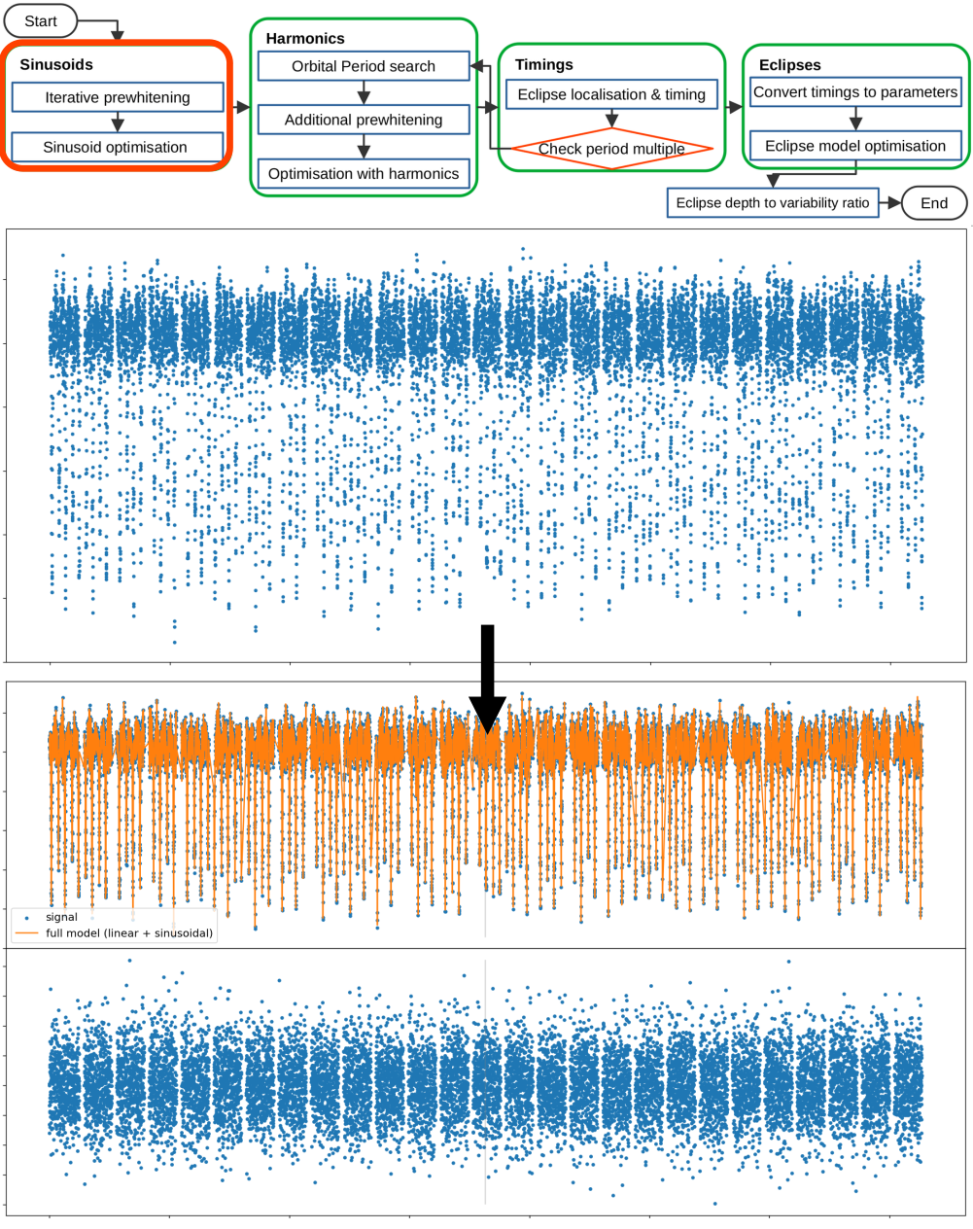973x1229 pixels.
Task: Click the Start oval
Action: click(x=40, y=21)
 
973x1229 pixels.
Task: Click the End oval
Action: click(x=933, y=203)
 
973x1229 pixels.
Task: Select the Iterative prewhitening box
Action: click(x=118, y=97)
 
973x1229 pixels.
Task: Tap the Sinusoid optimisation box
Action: click(x=116, y=148)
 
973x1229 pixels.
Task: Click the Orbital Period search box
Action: click(x=364, y=66)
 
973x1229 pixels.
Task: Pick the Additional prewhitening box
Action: click(x=364, y=120)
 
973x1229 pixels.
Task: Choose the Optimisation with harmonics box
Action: click(x=364, y=174)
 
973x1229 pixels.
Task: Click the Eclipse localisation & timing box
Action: click(x=611, y=94)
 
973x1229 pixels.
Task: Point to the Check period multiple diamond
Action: click(x=611, y=149)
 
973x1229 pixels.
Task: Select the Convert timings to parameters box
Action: click(x=855, y=92)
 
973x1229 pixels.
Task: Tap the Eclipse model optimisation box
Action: click(x=855, y=146)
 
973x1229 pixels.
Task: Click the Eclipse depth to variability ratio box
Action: click(x=773, y=203)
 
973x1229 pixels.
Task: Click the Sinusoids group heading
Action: click(x=56, y=65)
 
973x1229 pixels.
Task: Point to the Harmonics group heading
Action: click(x=305, y=39)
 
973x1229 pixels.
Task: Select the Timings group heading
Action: click(x=544, y=65)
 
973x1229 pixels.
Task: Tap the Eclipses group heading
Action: click(x=789, y=65)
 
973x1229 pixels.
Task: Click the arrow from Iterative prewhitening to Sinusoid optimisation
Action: click(x=118, y=123)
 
